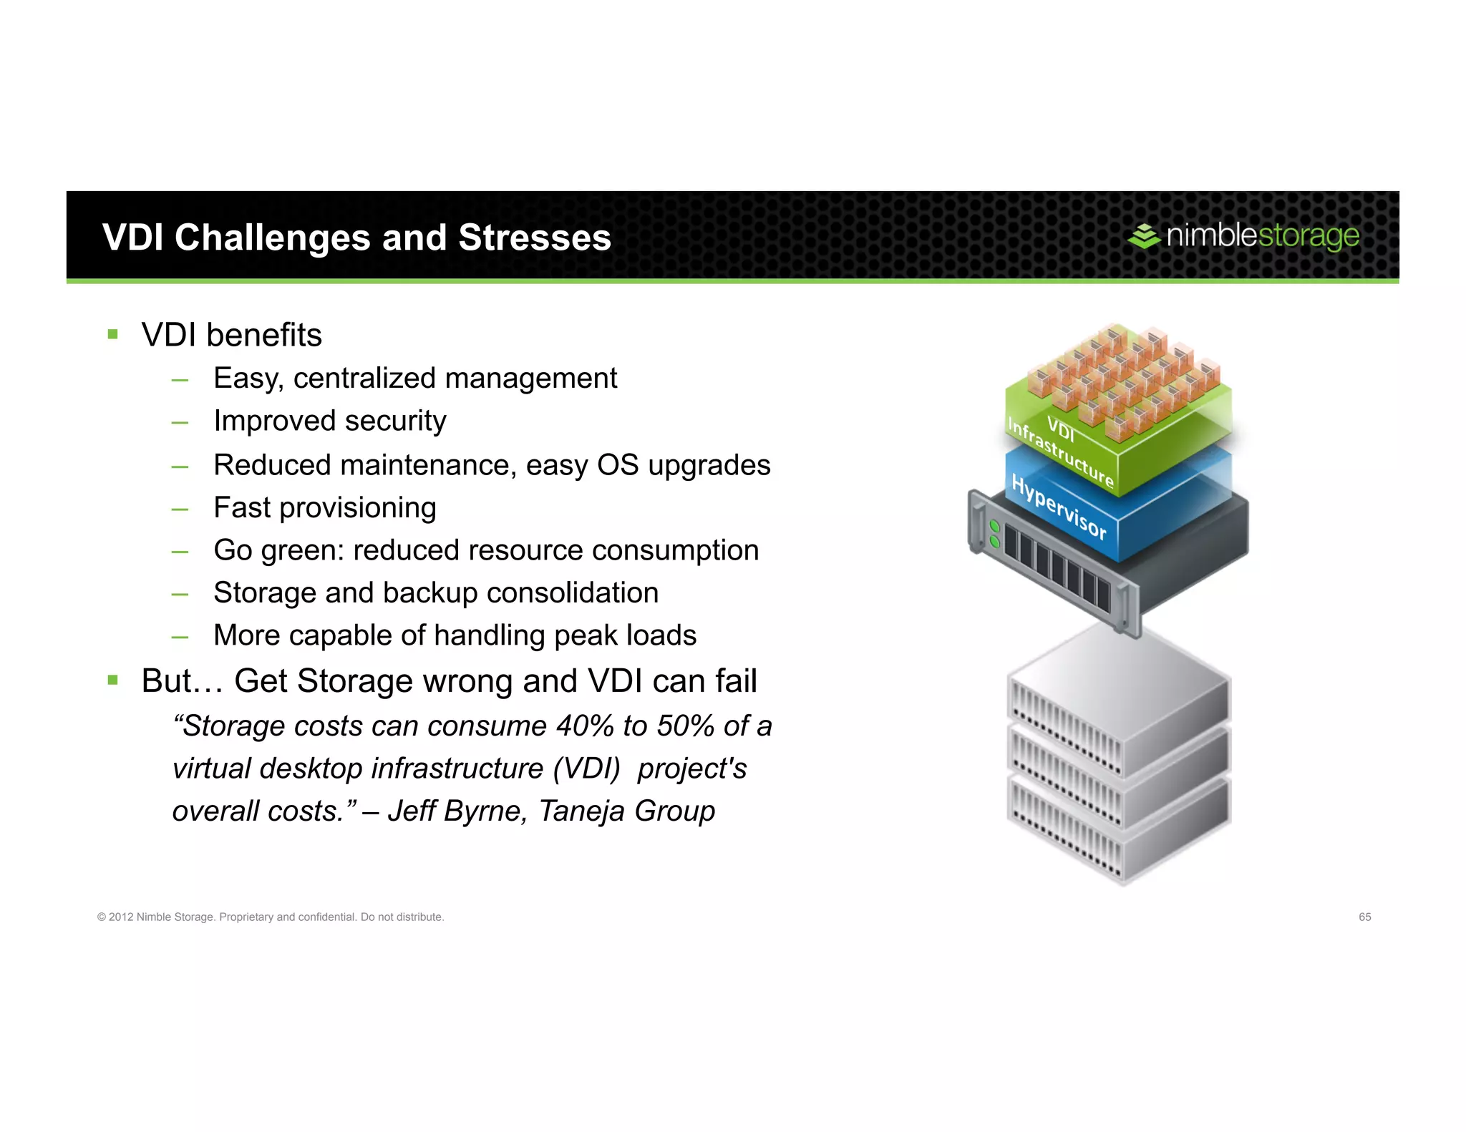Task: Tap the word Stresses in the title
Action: (534, 238)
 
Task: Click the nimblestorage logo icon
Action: (1144, 236)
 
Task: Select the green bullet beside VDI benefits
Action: (112, 334)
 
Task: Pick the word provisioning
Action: (357, 508)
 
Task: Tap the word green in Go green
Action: (301, 550)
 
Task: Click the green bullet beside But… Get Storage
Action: (112, 680)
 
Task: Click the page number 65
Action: (1364, 917)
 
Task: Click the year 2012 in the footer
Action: (121, 917)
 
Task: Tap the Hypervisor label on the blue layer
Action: (1059, 507)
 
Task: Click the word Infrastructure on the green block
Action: (1060, 452)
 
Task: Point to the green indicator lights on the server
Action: (994, 534)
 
